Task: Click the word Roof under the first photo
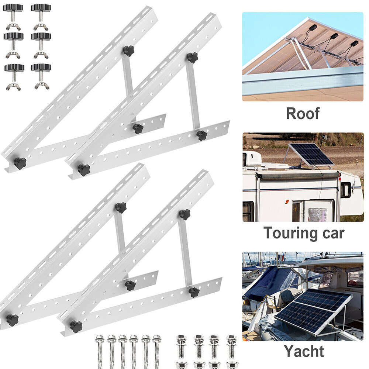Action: tap(303, 114)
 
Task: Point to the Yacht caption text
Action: tap(304, 351)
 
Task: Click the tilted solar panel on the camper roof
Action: tap(311, 154)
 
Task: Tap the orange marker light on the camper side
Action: tap(286, 202)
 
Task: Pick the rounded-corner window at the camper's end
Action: tap(346, 190)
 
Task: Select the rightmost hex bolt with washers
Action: tap(232, 347)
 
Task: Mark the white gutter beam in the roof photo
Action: tap(303, 81)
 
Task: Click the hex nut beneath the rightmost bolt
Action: tap(232, 365)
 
